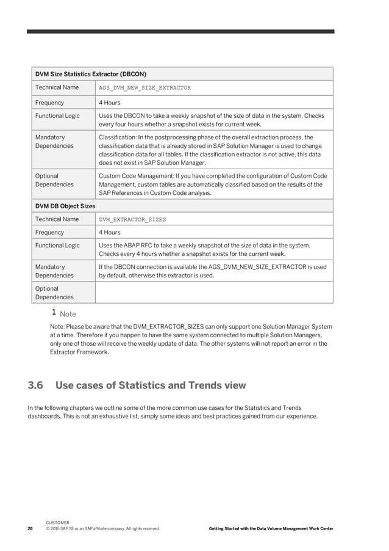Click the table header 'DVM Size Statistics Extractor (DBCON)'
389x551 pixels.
click(90, 74)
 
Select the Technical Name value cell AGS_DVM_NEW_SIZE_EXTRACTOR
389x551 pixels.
click(145, 88)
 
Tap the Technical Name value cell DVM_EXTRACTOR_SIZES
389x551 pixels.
click(132, 219)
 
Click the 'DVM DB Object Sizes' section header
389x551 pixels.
click(65, 206)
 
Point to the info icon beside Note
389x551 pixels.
click(54, 312)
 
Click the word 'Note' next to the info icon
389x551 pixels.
click(68, 314)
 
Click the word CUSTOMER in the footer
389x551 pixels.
click(57, 523)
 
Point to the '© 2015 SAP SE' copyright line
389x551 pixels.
click(102, 528)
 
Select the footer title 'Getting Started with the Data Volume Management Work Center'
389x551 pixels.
click(271, 528)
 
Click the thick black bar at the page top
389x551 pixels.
click(181, 31)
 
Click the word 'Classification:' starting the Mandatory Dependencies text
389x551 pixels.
click(116, 137)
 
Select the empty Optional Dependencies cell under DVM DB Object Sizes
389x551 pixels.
click(215, 292)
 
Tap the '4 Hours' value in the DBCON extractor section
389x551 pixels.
click(110, 103)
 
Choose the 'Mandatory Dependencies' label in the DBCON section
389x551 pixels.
click(54, 142)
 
